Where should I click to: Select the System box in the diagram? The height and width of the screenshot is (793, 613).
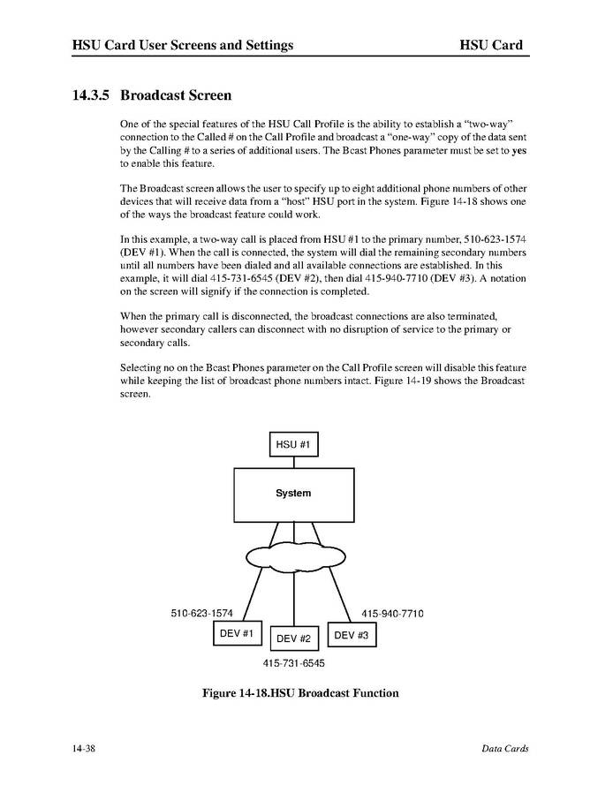pos(293,494)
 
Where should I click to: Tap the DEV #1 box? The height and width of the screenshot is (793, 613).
pos(237,634)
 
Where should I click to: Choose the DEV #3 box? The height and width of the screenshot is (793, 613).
pos(352,635)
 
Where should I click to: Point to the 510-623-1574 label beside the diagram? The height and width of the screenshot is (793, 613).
pos(201,613)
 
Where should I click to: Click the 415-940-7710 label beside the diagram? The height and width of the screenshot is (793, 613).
pos(392,613)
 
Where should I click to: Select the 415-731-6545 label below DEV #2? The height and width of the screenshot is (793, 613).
pos(293,662)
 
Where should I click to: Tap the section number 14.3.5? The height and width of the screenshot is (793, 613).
pos(92,94)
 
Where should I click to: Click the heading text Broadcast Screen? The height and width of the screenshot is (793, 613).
pos(176,94)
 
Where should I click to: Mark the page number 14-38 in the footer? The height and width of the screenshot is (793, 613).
pos(85,749)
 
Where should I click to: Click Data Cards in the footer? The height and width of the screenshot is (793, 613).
pos(504,749)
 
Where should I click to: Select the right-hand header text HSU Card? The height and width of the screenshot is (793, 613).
pos(491,45)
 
